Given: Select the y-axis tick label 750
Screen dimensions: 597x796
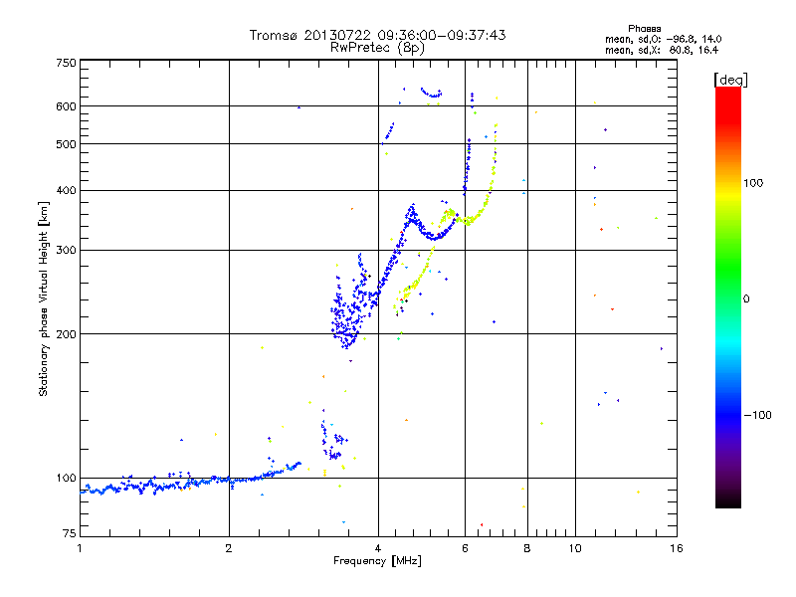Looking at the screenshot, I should [65, 63].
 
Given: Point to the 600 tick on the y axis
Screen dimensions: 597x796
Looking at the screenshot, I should [65, 105].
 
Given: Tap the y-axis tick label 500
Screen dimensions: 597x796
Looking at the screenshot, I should [65, 143].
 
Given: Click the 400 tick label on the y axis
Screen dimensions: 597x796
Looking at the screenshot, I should [65, 190].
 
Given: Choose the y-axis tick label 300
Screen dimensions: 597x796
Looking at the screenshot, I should [65, 250].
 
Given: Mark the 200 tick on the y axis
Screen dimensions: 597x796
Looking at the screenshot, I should [65, 333].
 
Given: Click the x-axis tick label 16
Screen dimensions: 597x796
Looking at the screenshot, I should [675, 548].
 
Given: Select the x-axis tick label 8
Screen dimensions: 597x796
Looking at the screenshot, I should [526, 548].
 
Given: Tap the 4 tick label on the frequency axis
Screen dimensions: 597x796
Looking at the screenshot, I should [378, 548].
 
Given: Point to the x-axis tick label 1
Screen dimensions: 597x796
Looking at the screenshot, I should [81, 548].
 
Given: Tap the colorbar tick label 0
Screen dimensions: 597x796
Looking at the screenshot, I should [747, 298].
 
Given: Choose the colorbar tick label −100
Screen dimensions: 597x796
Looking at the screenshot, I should [758, 414].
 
